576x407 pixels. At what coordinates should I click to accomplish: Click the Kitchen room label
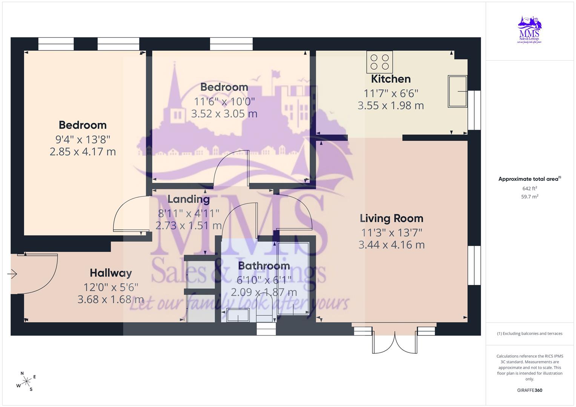[x=390, y=79]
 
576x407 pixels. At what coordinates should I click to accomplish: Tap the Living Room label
[x=392, y=219]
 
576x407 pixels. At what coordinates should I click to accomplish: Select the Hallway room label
[x=111, y=273]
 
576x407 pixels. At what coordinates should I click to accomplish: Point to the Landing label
[x=189, y=199]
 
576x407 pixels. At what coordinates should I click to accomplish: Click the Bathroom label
[x=264, y=266]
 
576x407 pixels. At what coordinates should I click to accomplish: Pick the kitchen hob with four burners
[x=379, y=62]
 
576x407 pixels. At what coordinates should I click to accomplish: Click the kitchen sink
[x=458, y=91]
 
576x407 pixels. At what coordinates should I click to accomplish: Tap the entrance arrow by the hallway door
[x=12, y=274]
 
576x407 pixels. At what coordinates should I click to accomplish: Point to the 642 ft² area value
[x=530, y=188]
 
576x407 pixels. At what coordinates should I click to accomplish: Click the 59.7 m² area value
[x=530, y=197]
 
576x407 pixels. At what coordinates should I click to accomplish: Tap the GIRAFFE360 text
[x=530, y=390]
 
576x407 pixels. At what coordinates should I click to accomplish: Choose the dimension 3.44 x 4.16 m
[x=392, y=245]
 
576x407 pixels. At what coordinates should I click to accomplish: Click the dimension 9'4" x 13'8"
[x=83, y=139]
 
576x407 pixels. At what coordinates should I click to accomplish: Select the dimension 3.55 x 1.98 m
[x=390, y=106]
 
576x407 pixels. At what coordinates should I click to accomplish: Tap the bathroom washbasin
[x=238, y=315]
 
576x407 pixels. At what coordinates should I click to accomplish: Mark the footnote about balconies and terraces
[x=530, y=334]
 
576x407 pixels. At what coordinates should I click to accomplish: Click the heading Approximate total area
[x=530, y=179]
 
